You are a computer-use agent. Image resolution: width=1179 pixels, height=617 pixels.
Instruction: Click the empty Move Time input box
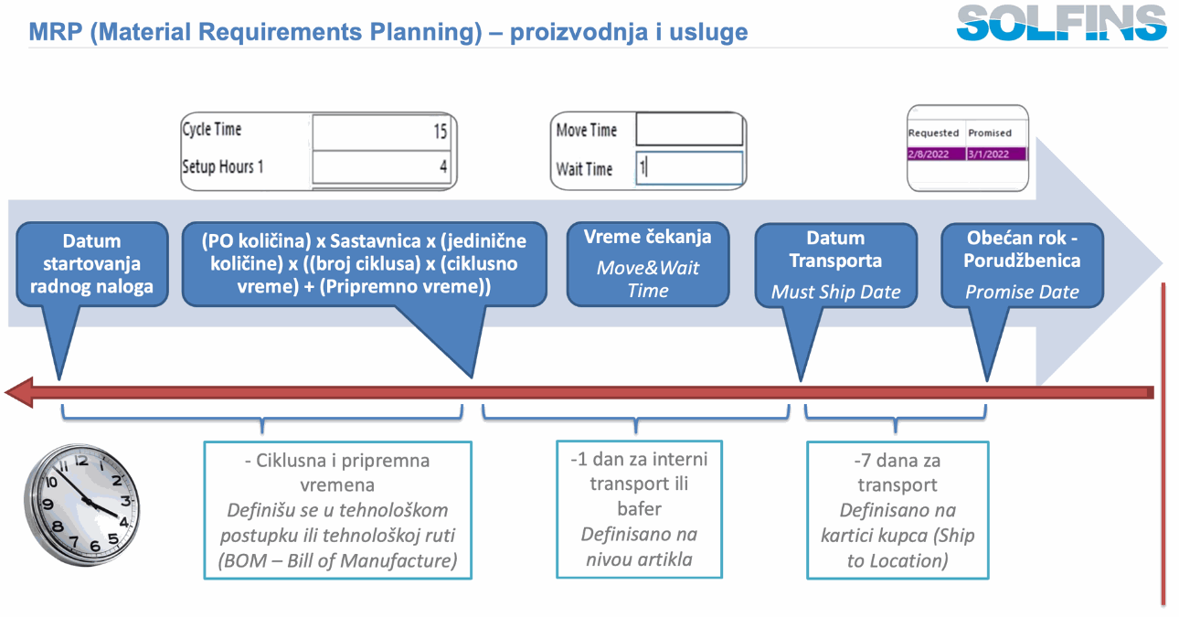pyautogui.click(x=689, y=130)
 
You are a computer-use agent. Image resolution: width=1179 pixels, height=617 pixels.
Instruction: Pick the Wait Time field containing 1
pyautogui.click(x=689, y=168)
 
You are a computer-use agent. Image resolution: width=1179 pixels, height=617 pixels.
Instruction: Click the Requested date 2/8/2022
pyautogui.click(x=935, y=154)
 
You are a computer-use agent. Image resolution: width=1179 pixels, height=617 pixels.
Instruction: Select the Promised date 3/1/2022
pyautogui.click(x=995, y=154)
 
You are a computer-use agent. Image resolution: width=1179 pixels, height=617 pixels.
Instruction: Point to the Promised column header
pyautogui.click(x=990, y=133)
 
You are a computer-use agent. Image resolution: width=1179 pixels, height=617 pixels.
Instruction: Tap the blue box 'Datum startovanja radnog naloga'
pyautogui.click(x=92, y=264)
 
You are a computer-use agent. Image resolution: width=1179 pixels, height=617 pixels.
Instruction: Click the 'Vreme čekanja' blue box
pyautogui.click(x=648, y=263)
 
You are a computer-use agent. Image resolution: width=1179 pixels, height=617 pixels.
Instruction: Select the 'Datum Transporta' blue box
pyautogui.click(x=835, y=264)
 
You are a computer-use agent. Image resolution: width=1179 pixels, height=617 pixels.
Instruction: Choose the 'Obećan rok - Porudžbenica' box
pyautogui.click(x=1022, y=264)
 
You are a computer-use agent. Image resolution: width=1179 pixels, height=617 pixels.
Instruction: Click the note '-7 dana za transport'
pyautogui.click(x=897, y=510)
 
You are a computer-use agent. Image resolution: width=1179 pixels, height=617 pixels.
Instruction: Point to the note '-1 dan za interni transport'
pyautogui.click(x=639, y=508)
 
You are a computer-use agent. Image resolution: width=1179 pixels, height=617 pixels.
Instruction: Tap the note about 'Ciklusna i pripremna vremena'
pyautogui.click(x=337, y=510)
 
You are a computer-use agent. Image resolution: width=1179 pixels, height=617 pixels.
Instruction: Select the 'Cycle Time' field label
pyautogui.click(x=212, y=130)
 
